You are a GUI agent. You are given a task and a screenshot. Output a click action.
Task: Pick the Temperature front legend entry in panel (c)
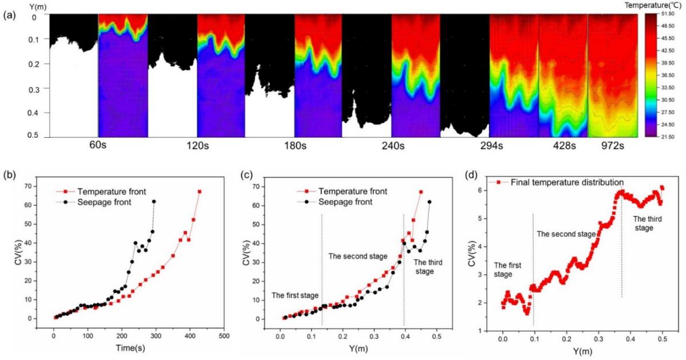351,191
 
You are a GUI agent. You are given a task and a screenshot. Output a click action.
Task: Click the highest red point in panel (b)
200,191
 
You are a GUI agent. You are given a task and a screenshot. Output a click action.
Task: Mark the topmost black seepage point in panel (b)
154,202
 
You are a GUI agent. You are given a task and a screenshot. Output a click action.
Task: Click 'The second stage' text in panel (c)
358,255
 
